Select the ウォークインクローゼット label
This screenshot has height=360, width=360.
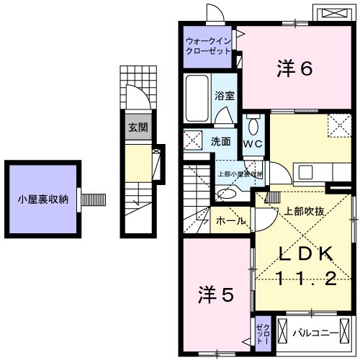pyautogui.click(x=208, y=46)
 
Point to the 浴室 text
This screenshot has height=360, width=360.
pyautogui.click(x=224, y=94)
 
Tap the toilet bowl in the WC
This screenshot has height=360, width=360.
pyautogui.click(x=253, y=127)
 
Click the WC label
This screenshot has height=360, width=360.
pyautogui.click(x=253, y=143)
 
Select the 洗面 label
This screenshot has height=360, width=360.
pyautogui.click(x=220, y=141)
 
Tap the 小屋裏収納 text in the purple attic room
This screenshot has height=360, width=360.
pyautogui.click(x=43, y=199)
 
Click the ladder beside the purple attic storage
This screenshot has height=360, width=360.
pyautogui.click(x=93, y=199)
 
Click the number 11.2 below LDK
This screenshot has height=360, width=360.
pyautogui.click(x=305, y=279)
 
